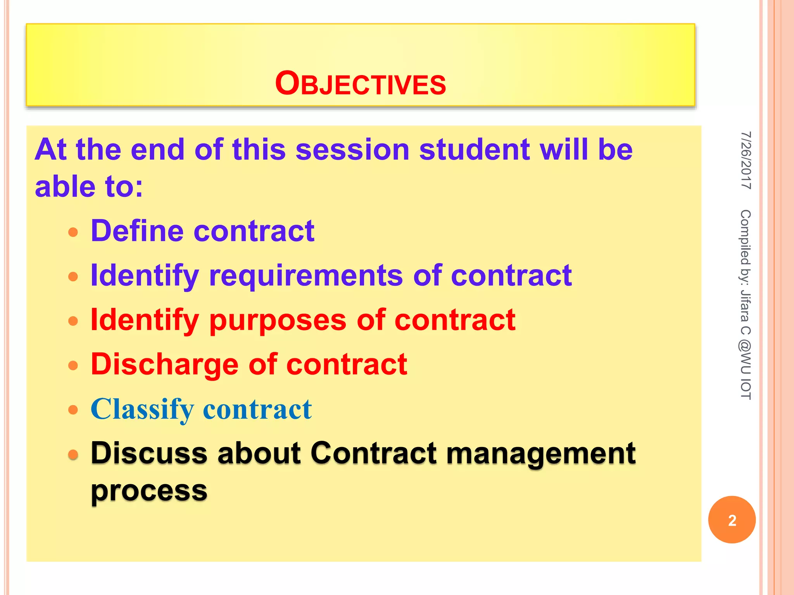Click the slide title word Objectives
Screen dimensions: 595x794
tap(361, 84)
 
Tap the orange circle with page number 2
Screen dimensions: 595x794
tap(732, 520)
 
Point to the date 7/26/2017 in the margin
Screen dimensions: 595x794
tap(746, 160)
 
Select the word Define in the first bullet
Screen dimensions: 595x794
tap(137, 231)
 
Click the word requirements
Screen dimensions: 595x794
tap(306, 275)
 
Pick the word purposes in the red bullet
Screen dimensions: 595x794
tap(278, 321)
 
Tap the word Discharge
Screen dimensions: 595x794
tap(164, 365)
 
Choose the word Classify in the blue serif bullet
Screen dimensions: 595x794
tap(142, 409)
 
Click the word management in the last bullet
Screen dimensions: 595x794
tap(541, 453)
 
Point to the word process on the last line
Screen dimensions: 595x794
tap(149, 491)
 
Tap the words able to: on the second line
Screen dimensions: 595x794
tap(89, 187)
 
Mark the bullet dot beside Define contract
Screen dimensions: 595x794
tap(73, 232)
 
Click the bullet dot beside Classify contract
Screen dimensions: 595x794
tap(73, 410)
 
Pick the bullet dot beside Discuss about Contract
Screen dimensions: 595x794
tap(73, 454)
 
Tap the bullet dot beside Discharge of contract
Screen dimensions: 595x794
tap(73, 365)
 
